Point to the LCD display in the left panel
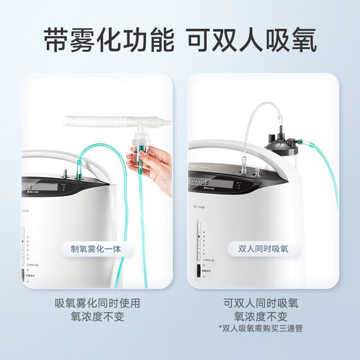pyautogui.click(x=30, y=187)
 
